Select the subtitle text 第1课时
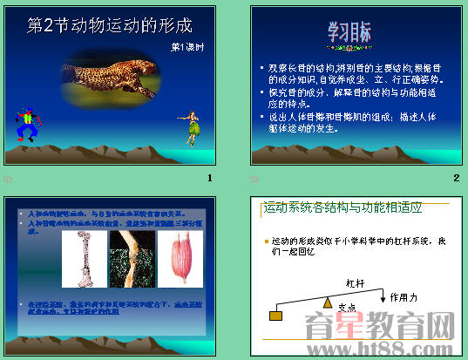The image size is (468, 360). pos(187,46)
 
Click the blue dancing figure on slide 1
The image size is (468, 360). pos(29,125)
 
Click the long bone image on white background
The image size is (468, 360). pos(84,259)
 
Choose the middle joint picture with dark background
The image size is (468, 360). pos(131,259)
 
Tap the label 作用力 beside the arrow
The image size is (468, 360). pos(404,297)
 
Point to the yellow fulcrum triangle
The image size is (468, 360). pos(328,303)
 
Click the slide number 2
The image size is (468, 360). pos(456,178)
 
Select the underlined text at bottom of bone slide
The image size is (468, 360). pos(110,308)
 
